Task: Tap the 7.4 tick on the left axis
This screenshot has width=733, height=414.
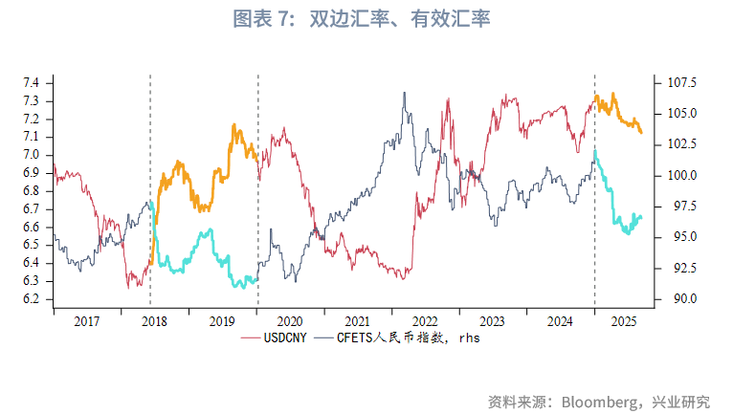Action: click(31, 83)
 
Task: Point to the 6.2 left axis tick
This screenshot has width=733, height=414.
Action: click(31, 298)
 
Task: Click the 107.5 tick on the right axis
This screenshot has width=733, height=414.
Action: click(678, 83)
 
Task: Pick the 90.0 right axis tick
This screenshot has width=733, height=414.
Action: click(676, 298)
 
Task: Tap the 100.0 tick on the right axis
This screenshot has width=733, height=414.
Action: click(678, 175)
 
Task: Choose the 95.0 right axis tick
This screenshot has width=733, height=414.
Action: click(676, 237)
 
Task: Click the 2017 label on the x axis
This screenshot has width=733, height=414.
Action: click(87, 322)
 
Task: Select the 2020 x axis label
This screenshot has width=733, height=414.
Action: click(289, 322)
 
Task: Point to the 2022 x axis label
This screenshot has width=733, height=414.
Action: click(424, 322)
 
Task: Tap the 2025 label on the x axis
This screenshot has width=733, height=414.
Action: click(623, 322)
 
